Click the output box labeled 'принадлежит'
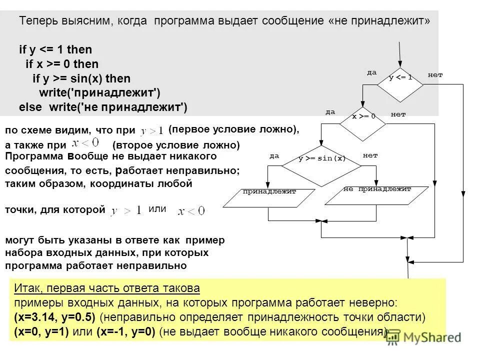coord(269,197)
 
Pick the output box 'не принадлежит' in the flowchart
coord(377,195)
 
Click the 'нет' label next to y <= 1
coord(435,75)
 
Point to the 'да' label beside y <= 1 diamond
coord(371,72)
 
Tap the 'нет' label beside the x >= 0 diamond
coord(398,114)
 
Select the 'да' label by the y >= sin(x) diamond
coord(274,155)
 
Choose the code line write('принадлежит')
coord(99,93)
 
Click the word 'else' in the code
coord(30,107)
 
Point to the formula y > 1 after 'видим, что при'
coord(152,130)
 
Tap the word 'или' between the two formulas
coord(157,209)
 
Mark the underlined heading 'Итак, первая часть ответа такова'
coord(106,288)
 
